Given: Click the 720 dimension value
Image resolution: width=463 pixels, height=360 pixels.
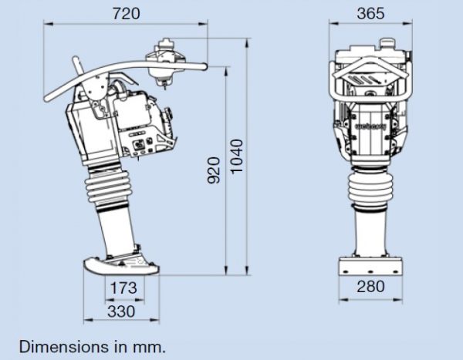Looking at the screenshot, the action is click(126, 14).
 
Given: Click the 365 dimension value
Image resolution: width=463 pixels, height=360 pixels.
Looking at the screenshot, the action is click(370, 14).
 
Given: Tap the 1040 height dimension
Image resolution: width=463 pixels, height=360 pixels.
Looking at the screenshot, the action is click(237, 156).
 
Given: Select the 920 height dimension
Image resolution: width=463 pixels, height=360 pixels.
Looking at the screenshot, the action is click(214, 170).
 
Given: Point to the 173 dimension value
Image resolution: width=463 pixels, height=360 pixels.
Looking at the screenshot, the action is click(123, 288).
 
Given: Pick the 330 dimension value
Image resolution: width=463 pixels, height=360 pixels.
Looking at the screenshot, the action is click(121, 311).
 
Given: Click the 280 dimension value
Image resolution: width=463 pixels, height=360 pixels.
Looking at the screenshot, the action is click(370, 287).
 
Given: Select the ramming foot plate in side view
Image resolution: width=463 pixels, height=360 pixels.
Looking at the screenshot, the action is click(121, 265).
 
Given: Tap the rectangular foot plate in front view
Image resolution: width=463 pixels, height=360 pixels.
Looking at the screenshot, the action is click(370, 266).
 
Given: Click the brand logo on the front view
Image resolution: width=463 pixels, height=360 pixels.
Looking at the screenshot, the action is click(371, 126).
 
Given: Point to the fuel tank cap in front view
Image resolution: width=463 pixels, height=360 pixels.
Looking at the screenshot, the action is click(387, 43).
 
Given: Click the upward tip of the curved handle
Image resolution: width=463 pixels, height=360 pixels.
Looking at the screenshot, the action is click(75, 59).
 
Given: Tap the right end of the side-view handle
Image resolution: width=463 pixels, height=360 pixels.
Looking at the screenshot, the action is click(204, 67).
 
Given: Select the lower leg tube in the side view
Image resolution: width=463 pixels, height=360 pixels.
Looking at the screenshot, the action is click(117, 230).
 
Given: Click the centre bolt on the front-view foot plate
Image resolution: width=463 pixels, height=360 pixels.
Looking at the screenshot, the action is click(370, 271).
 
